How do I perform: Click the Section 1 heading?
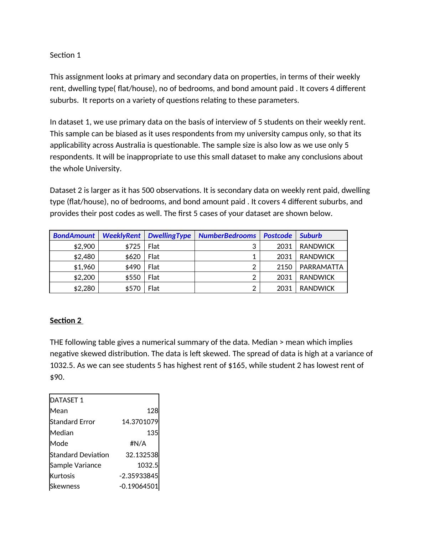tap(65, 55)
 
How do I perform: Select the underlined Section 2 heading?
tap(66, 321)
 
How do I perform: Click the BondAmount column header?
tap(74, 236)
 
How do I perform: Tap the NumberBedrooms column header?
tap(227, 236)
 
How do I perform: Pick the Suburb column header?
tap(311, 236)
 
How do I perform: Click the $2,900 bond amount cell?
tap(84, 246)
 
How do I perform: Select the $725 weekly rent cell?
tap(133, 246)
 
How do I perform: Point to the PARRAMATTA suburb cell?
tap(321, 267)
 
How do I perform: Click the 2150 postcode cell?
tap(284, 267)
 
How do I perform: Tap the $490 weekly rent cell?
tap(133, 267)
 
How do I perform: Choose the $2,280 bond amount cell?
tap(84, 288)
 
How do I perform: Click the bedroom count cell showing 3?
tap(254, 246)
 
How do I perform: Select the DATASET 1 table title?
tap(67, 400)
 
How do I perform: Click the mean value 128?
tap(152, 411)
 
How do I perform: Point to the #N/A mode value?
tap(138, 444)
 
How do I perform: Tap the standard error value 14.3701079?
tap(140, 422)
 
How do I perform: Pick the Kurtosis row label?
tap(62, 476)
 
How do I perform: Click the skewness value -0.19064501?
tap(139, 486)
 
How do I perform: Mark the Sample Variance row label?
tap(76, 465)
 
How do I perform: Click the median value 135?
tap(152, 433)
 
